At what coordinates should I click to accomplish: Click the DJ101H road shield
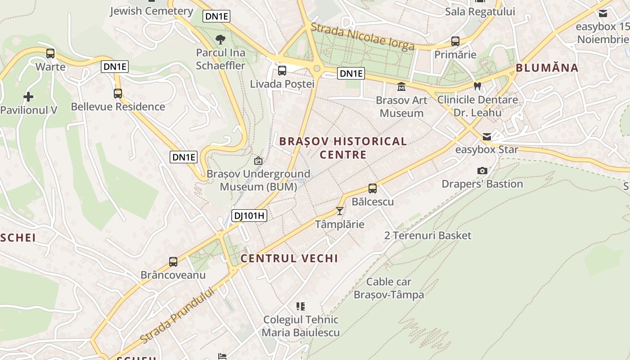pyautogui.click(x=249, y=216)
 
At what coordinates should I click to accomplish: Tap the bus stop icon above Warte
pyautogui.click(x=50, y=54)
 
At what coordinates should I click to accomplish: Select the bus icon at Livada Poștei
pyautogui.click(x=282, y=71)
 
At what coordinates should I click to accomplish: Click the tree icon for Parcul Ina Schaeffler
pyautogui.click(x=220, y=40)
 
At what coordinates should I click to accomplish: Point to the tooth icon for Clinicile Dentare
pyautogui.click(x=477, y=86)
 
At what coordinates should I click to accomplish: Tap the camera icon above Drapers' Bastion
pyautogui.click(x=482, y=171)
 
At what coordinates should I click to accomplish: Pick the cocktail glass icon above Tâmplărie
pyautogui.click(x=340, y=211)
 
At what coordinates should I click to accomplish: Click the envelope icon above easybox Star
pyautogui.click(x=486, y=136)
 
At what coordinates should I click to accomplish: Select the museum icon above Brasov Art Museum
pyautogui.click(x=401, y=86)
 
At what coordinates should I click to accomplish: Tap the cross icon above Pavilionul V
pyautogui.click(x=28, y=97)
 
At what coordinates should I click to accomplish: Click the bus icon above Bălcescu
pyautogui.click(x=373, y=189)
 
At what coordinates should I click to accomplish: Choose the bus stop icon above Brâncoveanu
pyautogui.click(x=173, y=261)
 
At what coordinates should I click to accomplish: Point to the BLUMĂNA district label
pyautogui.click(x=547, y=68)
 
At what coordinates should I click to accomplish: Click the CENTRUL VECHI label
pyautogui.click(x=289, y=258)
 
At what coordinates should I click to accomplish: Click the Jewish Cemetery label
pyautogui.click(x=152, y=11)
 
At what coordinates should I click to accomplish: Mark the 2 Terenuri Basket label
pyautogui.click(x=427, y=235)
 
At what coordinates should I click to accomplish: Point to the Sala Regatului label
pyautogui.click(x=480, y=12)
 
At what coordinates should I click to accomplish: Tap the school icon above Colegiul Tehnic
pyautogui.click(x=301, y=306)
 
